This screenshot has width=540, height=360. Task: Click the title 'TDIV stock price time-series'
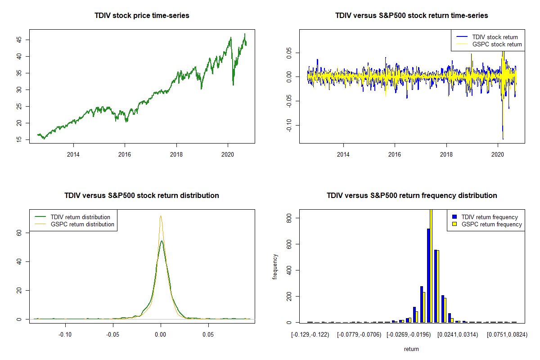pyautogui.click(x=142, y=16)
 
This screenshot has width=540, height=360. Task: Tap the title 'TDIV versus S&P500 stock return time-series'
pyautogui.click(x=412, y=16)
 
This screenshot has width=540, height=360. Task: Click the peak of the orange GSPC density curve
pyautogui.click(x=161, y=216)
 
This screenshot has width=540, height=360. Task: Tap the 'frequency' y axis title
pyautogui.click(x=275, y=266)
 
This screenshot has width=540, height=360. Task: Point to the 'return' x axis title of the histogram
pyautogui.click(x=411, y=349)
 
